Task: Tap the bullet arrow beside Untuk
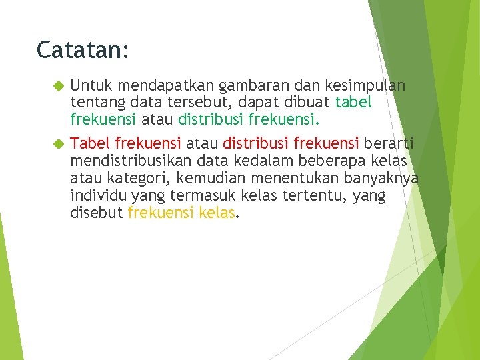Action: pyautogui.click(x=58, y=86)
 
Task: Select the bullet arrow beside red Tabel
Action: pyautogui.click(x=58, y=143)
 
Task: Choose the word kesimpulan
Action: pyautogui.click(x=365, y=86)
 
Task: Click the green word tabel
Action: pyautogui.click(x=354, y=103)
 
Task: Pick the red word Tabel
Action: pyautogui.click(x=91, y=143)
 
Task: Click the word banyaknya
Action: pyautogui.click(x=381, y=179)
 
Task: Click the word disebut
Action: pyautogui.click(x=96, y=213)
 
